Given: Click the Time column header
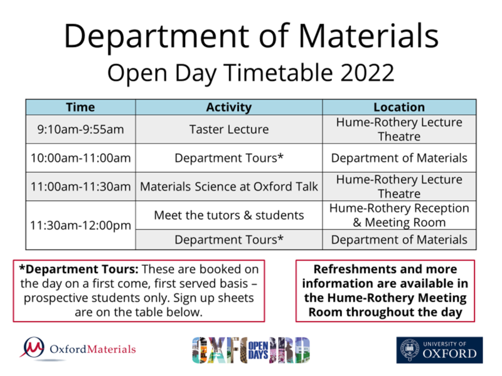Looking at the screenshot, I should coord(80,107).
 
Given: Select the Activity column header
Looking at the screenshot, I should coord(228,107).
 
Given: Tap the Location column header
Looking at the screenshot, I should coord(399,107).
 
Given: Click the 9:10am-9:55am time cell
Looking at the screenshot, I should coord(80,130).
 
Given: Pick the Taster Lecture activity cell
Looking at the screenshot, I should coord(228,130).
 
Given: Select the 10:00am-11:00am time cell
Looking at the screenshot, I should coord(80,158).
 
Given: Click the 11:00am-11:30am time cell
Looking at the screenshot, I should coord(80,186).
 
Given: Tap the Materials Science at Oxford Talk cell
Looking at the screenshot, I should coord(228,186).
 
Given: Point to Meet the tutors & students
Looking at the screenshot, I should coord(228,215).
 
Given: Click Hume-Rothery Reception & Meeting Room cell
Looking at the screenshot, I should coord(399,215).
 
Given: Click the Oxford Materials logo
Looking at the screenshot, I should coord(78,348).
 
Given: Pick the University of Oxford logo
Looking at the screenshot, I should coord(439,350).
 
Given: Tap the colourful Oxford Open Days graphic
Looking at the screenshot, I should coord(250,350).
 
